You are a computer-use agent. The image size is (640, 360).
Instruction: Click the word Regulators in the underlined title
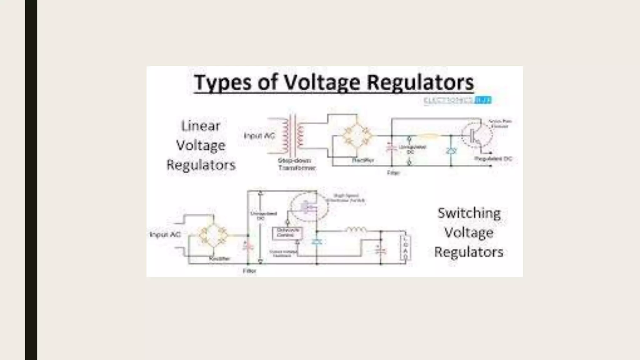[x=420, y=82]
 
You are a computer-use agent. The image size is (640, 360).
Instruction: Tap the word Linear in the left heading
[x=201, y=126]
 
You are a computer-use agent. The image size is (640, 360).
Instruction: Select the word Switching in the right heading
[x=469, y=213]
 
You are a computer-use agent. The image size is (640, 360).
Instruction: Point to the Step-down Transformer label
[x=296, y=164]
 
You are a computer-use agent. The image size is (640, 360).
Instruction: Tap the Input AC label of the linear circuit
[x=259, y=136]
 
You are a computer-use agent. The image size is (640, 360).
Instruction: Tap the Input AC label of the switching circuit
[x=165, y=234]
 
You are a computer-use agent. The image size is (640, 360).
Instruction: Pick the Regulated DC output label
[x=493, y=159]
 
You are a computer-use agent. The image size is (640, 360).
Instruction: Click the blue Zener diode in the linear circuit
[x=451, y=151]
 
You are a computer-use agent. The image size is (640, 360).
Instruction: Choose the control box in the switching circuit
[x=287, y=233]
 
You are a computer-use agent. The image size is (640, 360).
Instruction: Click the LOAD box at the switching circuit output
[x=405, y=247]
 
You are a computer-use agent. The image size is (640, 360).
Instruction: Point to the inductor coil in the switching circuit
[x=356, y=230]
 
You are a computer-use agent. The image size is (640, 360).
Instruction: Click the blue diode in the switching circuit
[x=317, y=242]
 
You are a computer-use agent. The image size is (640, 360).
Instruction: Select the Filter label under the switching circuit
[x=249, y=271]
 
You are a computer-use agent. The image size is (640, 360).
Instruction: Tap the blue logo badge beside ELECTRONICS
[x=483, y=100]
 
